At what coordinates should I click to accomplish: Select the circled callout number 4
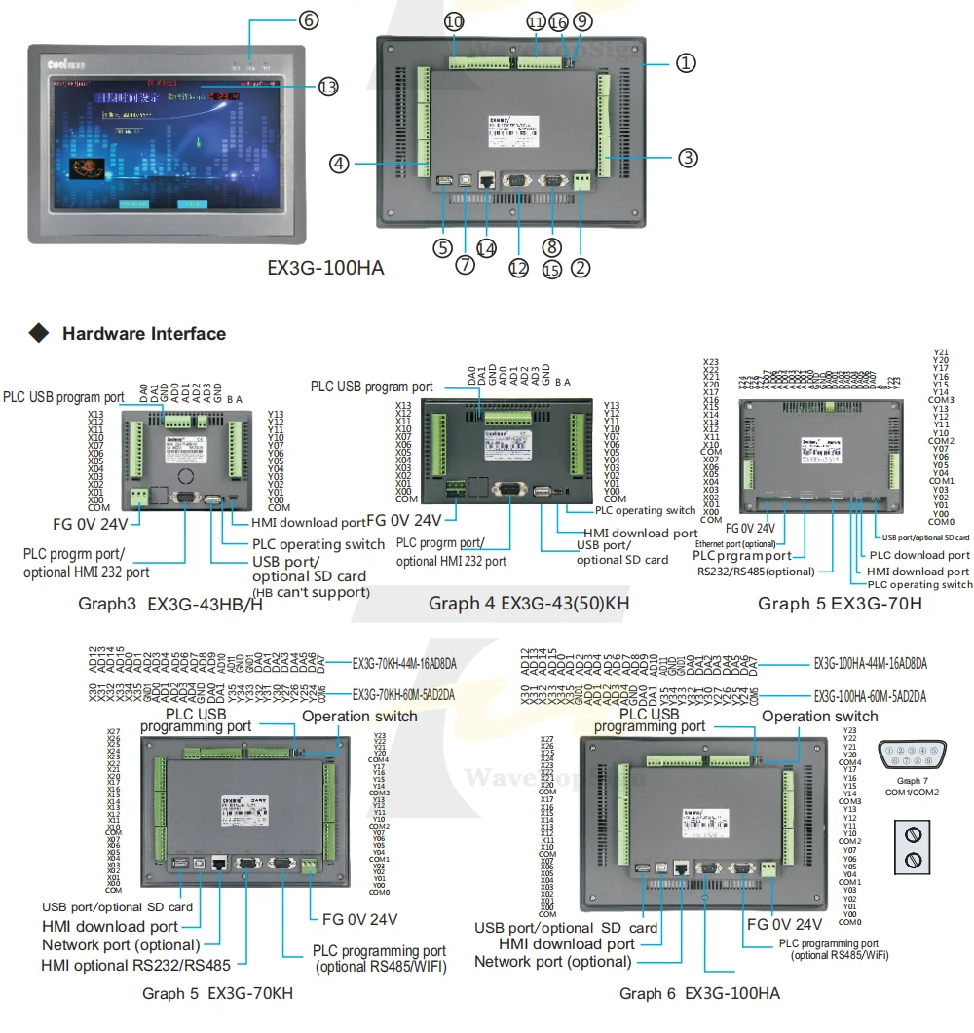[x=338, y=164]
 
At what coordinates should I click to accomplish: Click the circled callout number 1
[x=687, y=63]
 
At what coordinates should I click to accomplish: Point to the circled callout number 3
[x=688, y=157]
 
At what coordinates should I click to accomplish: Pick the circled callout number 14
[x=485, y=247]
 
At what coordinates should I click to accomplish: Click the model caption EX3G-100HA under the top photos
[x=326, y=267]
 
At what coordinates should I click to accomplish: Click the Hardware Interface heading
[x=143, y=334]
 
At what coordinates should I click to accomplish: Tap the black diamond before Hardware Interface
[x=39, y=334]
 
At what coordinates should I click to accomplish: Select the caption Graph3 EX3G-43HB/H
[x=170, y=604]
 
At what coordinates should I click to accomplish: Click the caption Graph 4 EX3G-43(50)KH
[x=529, y=604]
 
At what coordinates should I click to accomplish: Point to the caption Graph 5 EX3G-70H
[x=840, y=604]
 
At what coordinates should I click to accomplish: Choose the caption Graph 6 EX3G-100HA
[x=699, y=993]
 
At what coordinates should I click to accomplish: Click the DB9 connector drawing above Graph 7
[x=913, y=756]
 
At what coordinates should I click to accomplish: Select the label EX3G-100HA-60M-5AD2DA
[x=870, y=696]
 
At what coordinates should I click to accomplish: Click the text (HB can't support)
[x=311, y=592]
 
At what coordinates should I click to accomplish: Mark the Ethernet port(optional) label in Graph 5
[x=735, y=543]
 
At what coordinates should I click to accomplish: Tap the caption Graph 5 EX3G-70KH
[x=217, y=993]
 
